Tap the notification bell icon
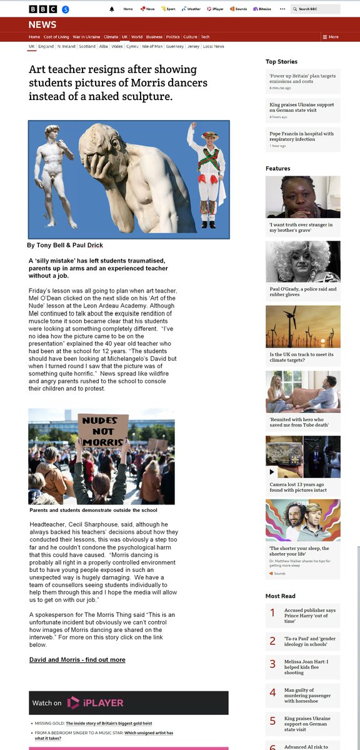[x=112, y=9]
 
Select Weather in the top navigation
[x=192, y=9]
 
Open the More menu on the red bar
[x=331, y=37]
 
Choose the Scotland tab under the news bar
[x=87, y=46]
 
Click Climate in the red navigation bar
[x=111, y=37]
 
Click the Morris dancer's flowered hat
[x=210, y=135]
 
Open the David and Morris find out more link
[x=77, y=659]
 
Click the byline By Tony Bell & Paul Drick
[x=65, y=245]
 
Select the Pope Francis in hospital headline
[x=301, y=136]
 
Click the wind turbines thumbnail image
[x=302, y=326]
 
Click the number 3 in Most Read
[x=272, y=664]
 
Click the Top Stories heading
[x=281, y=61]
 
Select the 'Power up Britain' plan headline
[x=302, y=79]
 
